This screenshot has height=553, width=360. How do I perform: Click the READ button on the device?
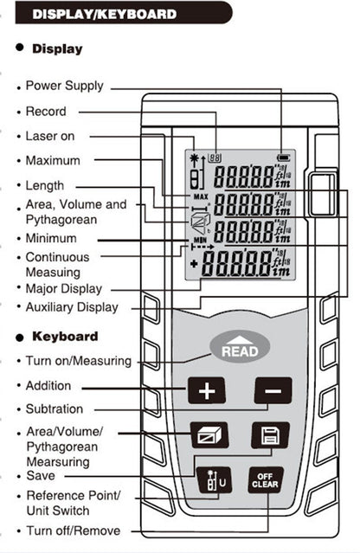click(x=240, y=349)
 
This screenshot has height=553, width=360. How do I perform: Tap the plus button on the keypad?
click(x=206, y=391)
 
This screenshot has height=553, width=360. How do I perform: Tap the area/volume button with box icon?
click(x=208, y=434)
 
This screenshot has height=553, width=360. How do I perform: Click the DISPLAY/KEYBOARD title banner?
click(x=105, y=15)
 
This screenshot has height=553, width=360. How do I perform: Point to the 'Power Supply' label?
click(x=64, y=86)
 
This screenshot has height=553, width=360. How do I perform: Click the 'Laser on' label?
click(x=50, y=136)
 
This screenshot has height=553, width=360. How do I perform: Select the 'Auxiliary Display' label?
click(x=72, y=307)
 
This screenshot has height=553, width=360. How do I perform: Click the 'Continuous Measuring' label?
click(x=57, y=265)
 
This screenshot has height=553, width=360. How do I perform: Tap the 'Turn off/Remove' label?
click(x=73, y=530)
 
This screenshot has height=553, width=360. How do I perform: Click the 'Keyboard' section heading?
click(x=65, y=336)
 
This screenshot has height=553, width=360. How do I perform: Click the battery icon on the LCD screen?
click(x=283, y=157)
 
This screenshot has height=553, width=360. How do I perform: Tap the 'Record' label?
click(x=46, y=112)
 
